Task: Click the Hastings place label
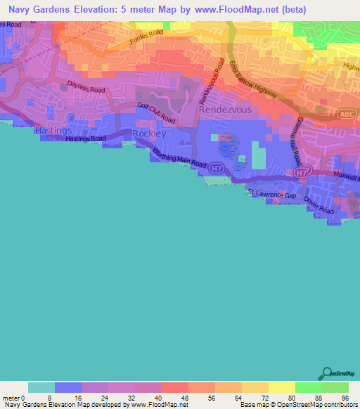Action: pos(53,131)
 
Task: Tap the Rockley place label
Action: pos(148,134)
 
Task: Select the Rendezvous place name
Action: pos(226,110)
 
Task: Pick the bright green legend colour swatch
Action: pos(309,387)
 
